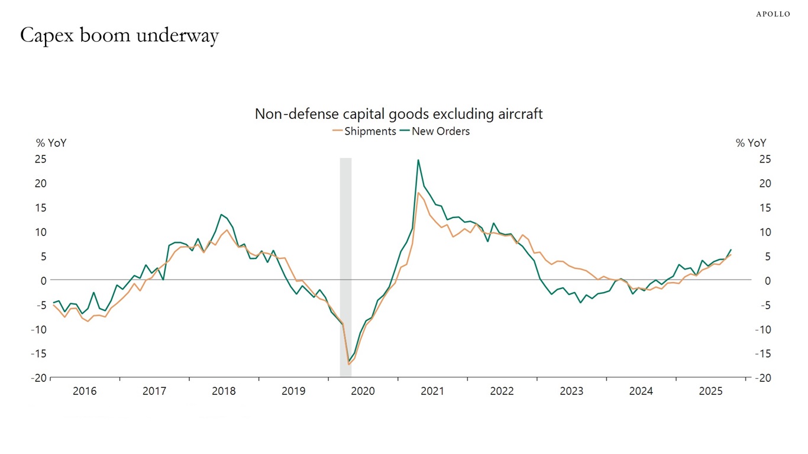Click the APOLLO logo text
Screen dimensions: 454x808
[x=773, y=14]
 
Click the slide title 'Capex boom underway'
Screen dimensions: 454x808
[x=119, y=36]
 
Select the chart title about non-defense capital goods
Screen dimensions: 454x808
[x=399, y=113]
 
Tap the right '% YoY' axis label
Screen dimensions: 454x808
[x=751, y=143]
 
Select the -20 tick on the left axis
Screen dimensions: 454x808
[x=38, y=378]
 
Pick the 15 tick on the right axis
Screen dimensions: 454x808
[x=765, y=207]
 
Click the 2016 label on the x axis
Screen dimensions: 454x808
[x=85, y=391]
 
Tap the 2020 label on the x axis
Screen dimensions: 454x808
[x=363, y=391]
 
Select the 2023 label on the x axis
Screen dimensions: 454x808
[x=571, y=391]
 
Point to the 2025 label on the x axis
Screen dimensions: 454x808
[x=710, y=391]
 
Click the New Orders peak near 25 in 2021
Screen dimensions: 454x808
[x=418, y=160]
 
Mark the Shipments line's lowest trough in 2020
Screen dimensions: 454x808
[x=348, y=364]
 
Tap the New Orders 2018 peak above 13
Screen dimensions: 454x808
[x=221, y=215]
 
